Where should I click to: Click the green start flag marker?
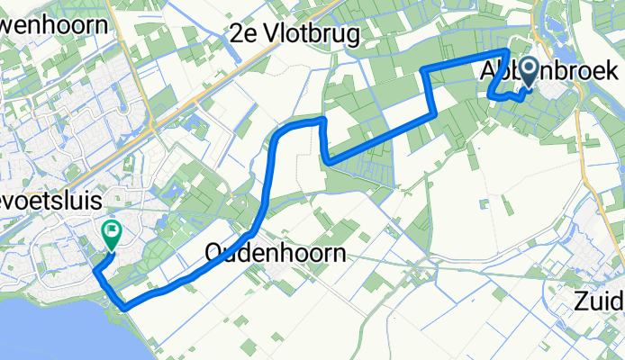point(112,234)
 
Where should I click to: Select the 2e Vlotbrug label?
point(295,35)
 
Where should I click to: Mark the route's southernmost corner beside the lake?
point(122,309)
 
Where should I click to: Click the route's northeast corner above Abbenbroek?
point(508,55)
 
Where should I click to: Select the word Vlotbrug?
point(312,35)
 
